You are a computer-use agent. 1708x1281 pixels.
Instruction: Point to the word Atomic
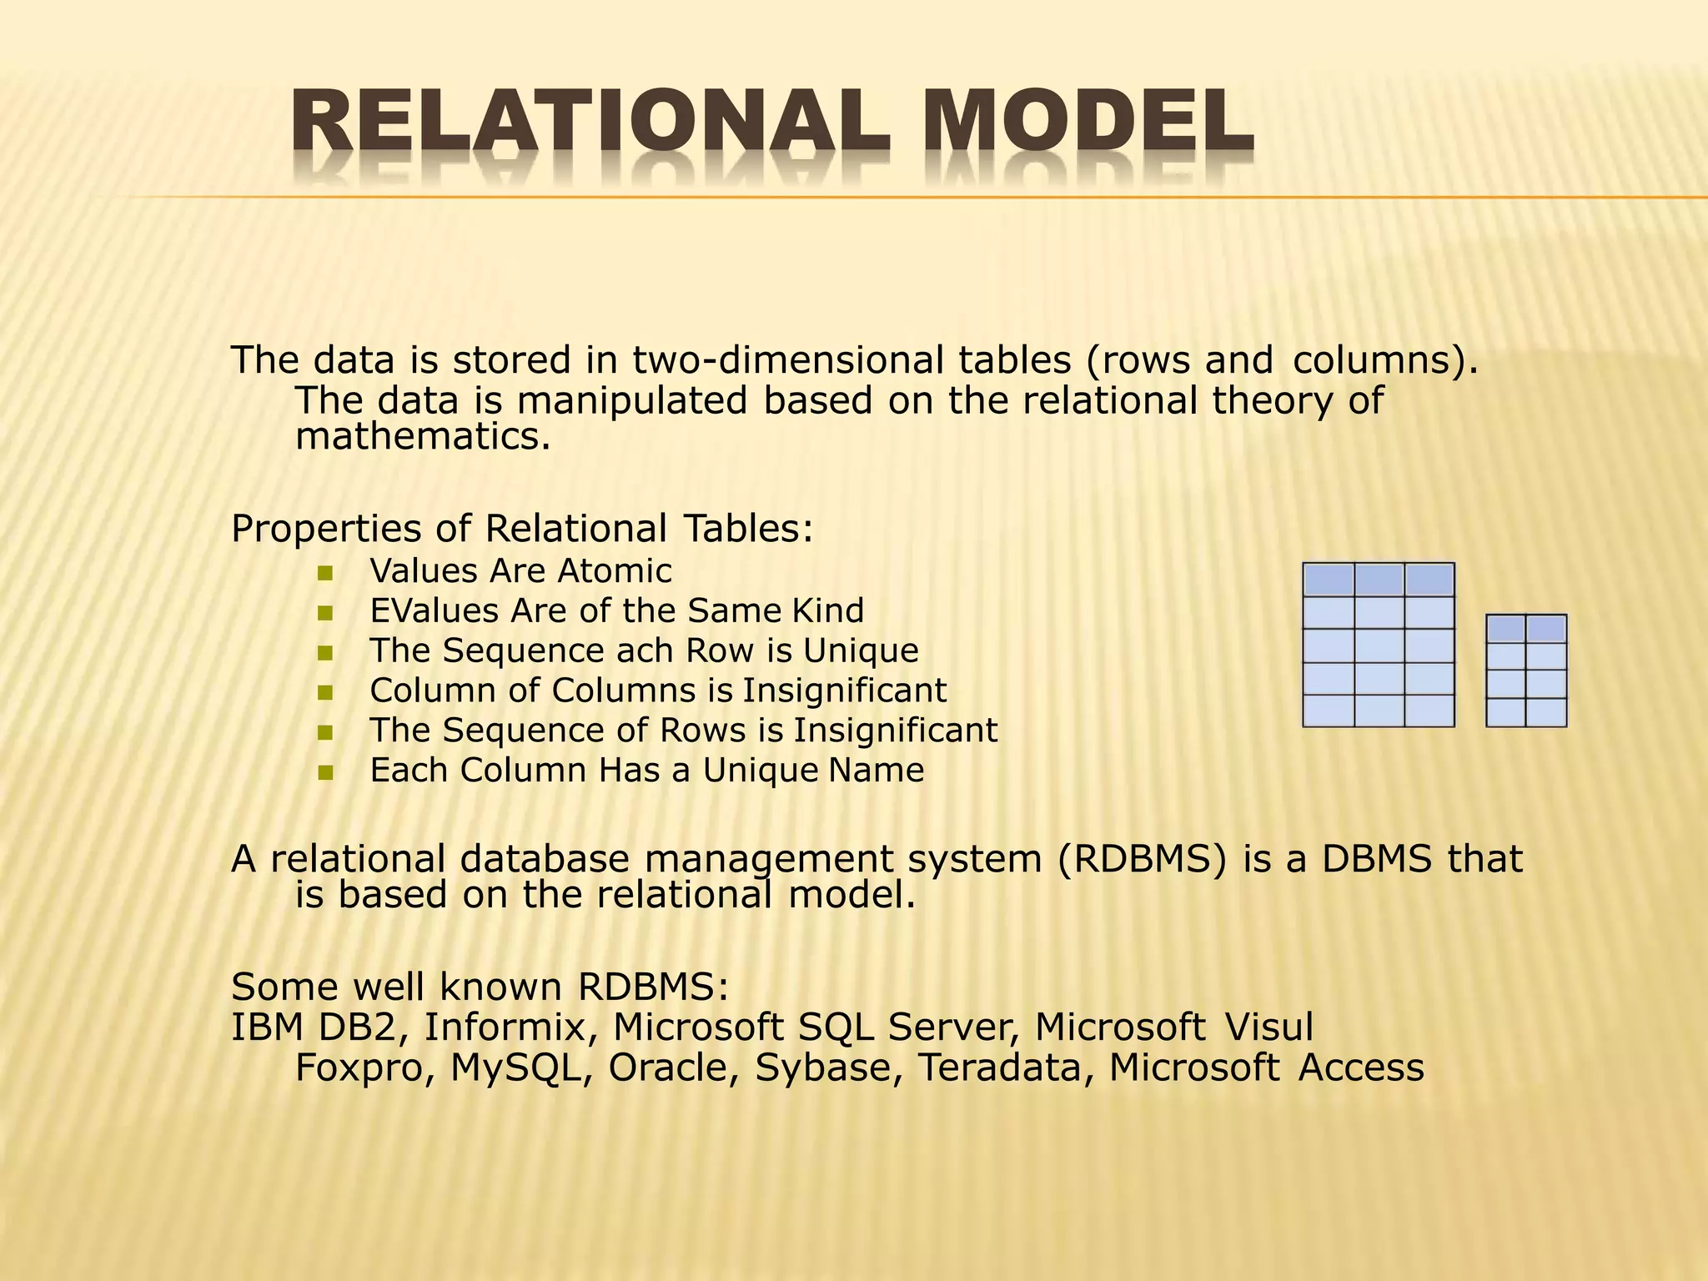click(x=614, y=571)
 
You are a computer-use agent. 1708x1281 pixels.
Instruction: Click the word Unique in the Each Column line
click(x=760, y=771)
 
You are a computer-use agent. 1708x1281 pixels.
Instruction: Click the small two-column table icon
click(x=1526, y=671)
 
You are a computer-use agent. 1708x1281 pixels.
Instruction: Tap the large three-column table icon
click(x=1379, y=645)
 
